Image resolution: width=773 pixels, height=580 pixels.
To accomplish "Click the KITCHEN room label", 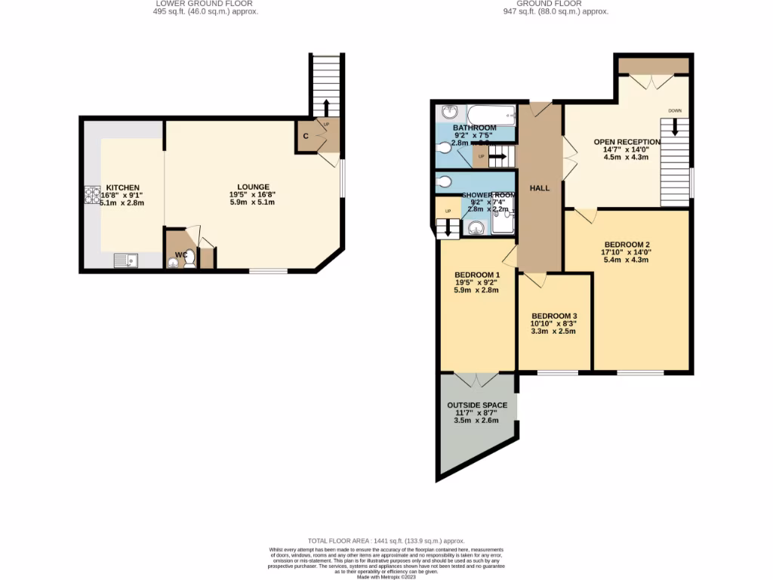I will coord(122,187).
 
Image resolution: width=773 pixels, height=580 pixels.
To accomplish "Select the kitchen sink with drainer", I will coord(125,261).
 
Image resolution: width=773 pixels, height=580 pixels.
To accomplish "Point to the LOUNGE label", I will coord(253,187).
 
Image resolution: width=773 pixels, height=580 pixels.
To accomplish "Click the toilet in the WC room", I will coord(189,258).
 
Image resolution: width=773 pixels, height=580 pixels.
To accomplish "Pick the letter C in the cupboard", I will coord(304,136).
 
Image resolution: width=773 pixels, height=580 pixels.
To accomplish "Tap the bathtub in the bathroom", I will coord(491,116).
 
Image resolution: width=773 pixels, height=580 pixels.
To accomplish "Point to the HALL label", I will coord(540,188).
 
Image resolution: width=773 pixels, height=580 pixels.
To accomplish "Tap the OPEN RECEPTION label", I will coord(627,141).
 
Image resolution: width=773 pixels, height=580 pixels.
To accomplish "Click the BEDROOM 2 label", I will coord(626,244).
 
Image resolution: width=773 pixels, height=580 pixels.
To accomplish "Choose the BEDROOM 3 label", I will coord(554,316).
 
